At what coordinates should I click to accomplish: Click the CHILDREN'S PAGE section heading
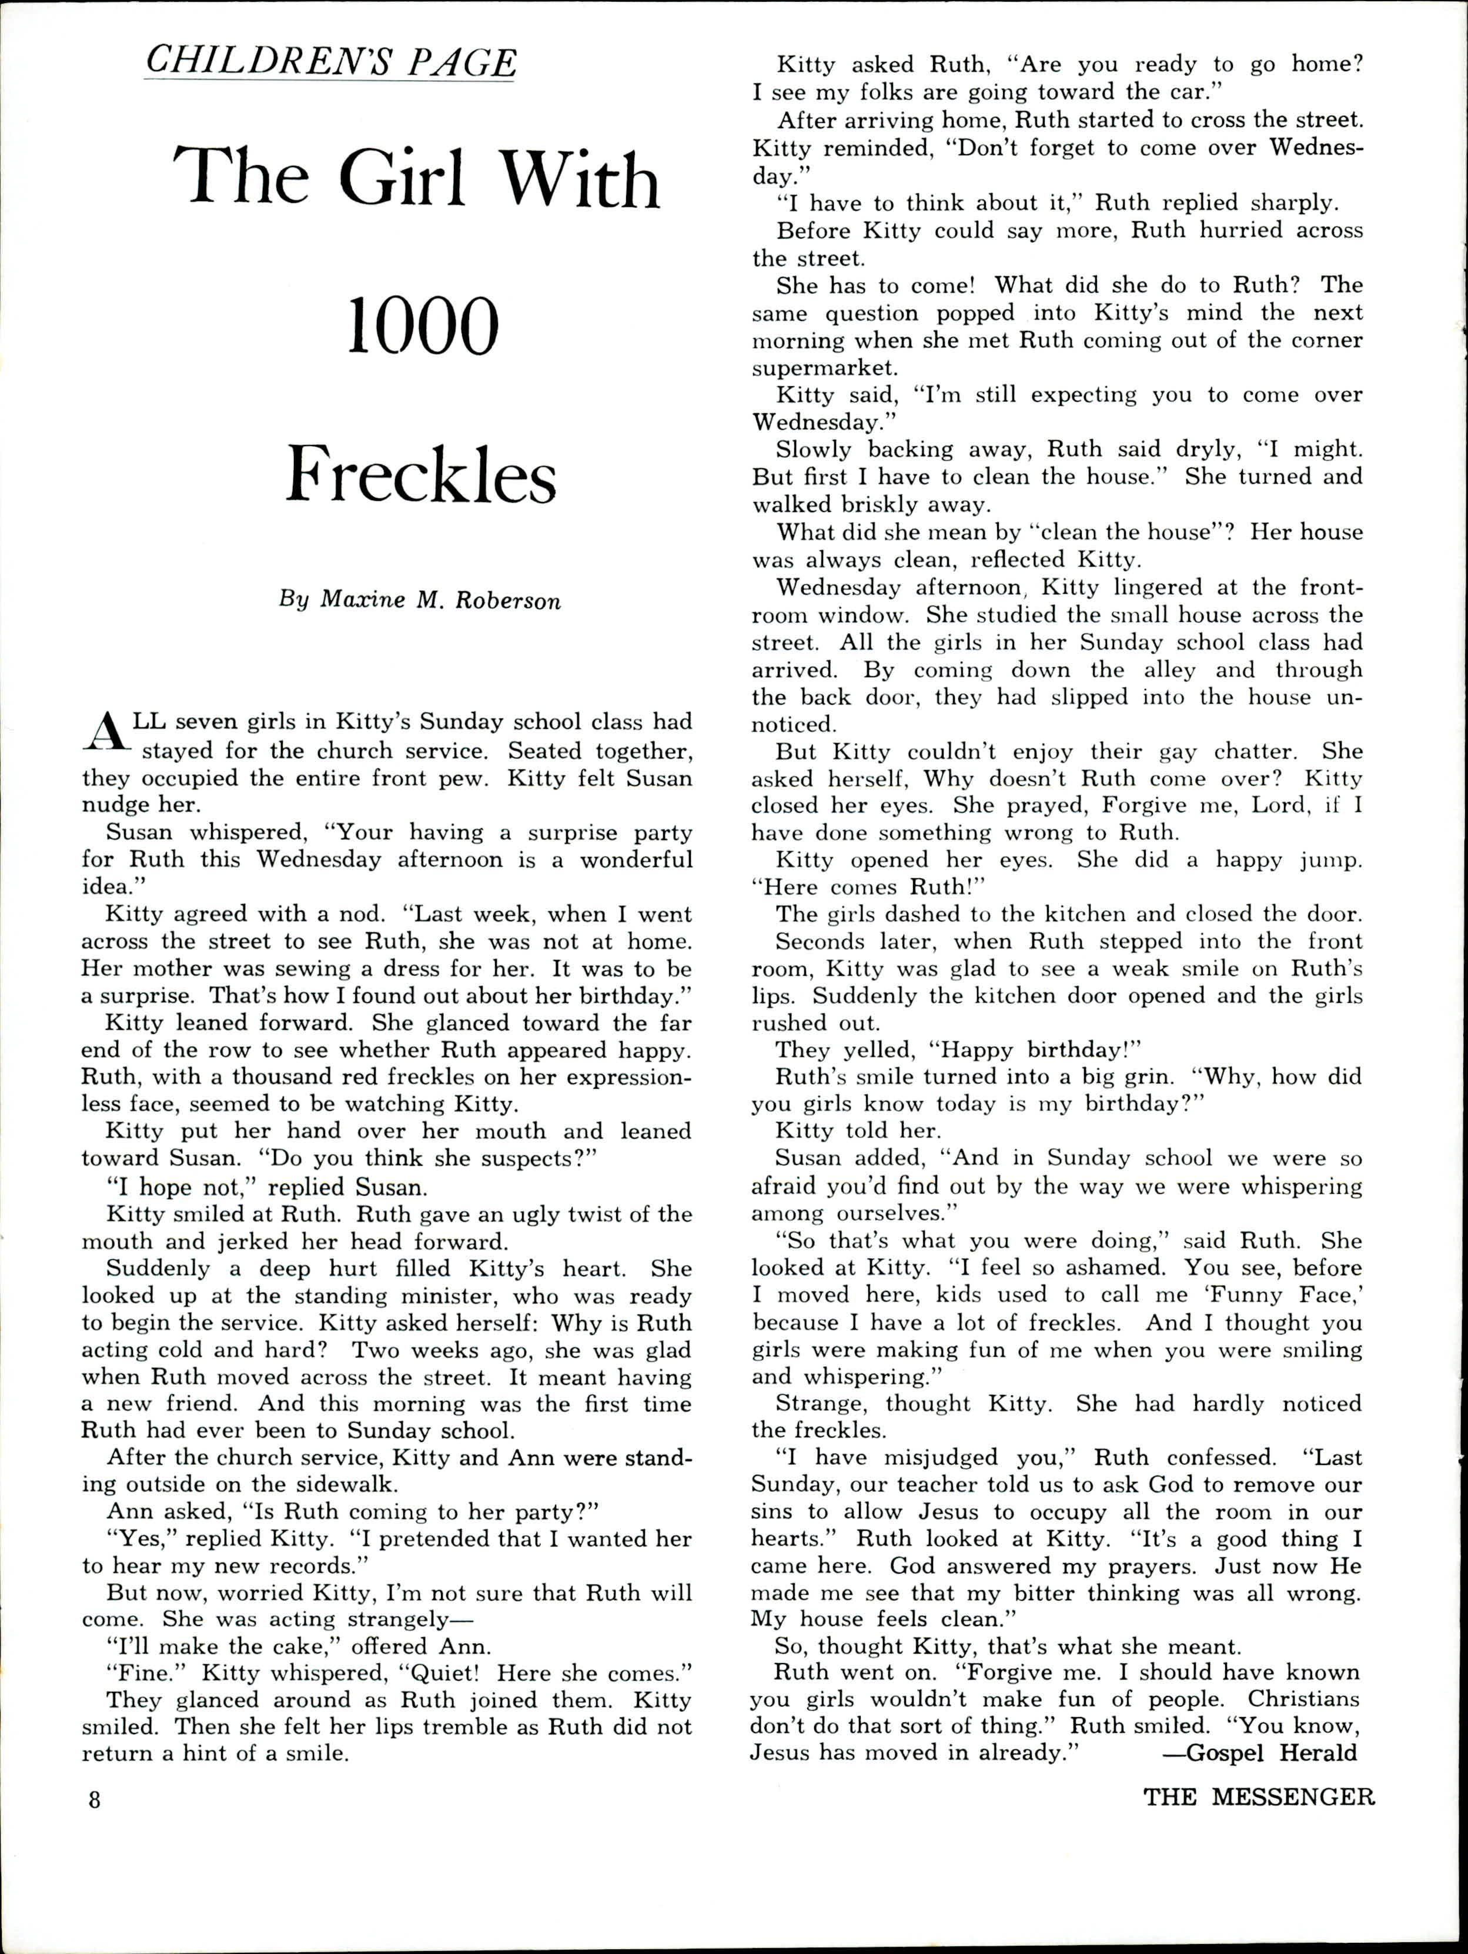(x=330, y=61)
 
